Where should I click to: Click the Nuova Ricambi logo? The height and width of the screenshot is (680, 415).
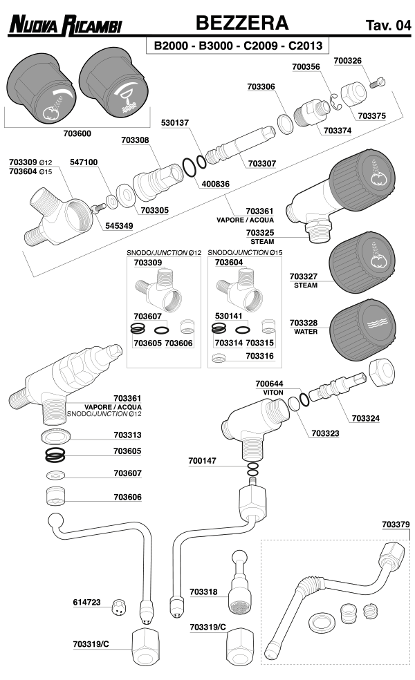(65, 27)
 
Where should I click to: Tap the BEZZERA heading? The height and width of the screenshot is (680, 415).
(242, 23)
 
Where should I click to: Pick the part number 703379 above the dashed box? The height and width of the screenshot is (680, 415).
(395, 525)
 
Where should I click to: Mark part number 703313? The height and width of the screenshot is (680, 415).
(127, 435)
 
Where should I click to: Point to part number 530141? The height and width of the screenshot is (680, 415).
(228, 315)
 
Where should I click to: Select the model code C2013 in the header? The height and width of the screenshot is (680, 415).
(305, 46)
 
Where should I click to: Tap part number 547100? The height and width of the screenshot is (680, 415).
(84, 162)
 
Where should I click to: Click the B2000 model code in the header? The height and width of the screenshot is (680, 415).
(169, 46)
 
